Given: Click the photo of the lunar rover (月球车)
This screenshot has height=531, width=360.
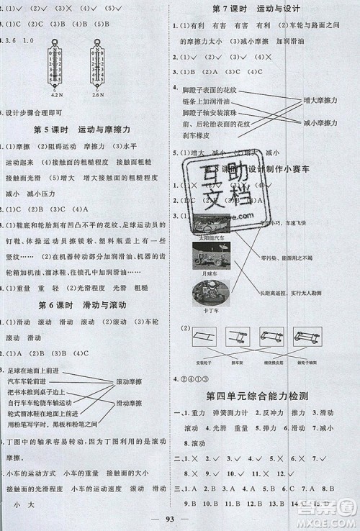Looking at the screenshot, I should tap(210, 254).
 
